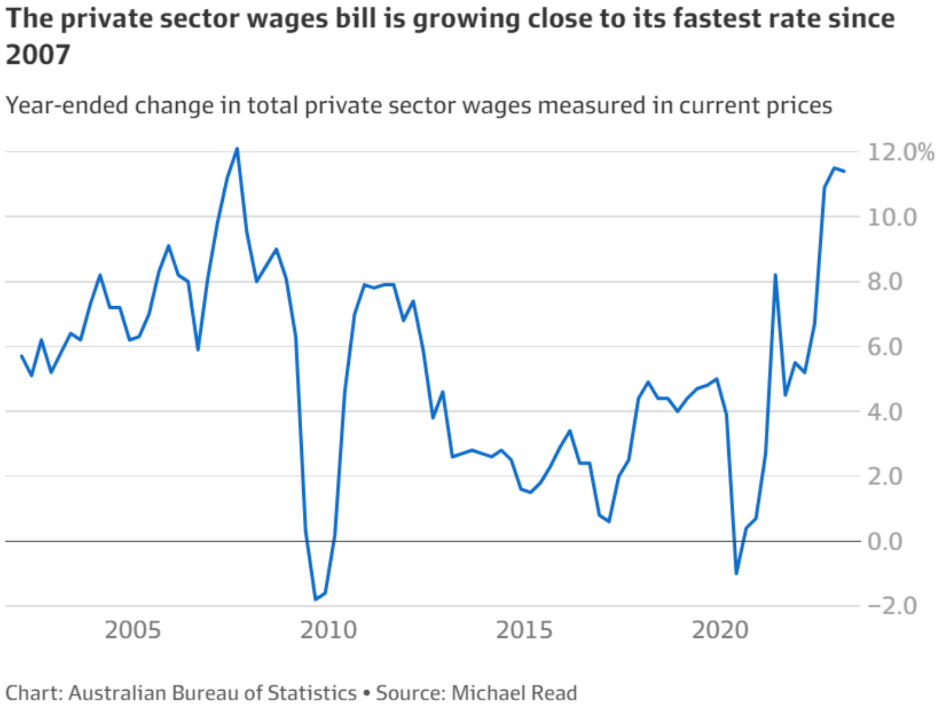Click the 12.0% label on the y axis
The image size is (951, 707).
coord(900,152)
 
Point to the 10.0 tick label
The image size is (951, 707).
coord(891,218)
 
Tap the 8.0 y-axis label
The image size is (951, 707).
coord(885,282)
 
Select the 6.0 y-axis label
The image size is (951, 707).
coord(885,347)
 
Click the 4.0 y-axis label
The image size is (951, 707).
coord(885,412)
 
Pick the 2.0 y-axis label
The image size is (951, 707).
coord(885,477)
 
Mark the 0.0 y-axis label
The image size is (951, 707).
coord(885,541)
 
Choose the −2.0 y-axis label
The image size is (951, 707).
coord(891,606)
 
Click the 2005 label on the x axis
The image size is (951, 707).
coord(132,630)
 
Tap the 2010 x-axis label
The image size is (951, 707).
coord(328,630)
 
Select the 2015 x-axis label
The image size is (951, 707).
coord(524,630)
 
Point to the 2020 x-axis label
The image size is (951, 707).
coord(720,630)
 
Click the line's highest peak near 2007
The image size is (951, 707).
coord(237,149)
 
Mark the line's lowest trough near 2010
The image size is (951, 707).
coord(315,600)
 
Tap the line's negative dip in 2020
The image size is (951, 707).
coord(736,573)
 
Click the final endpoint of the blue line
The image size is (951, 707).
coord(844,171)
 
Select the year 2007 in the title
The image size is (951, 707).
coord(38,55)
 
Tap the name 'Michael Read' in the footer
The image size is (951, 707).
coord(514,693)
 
